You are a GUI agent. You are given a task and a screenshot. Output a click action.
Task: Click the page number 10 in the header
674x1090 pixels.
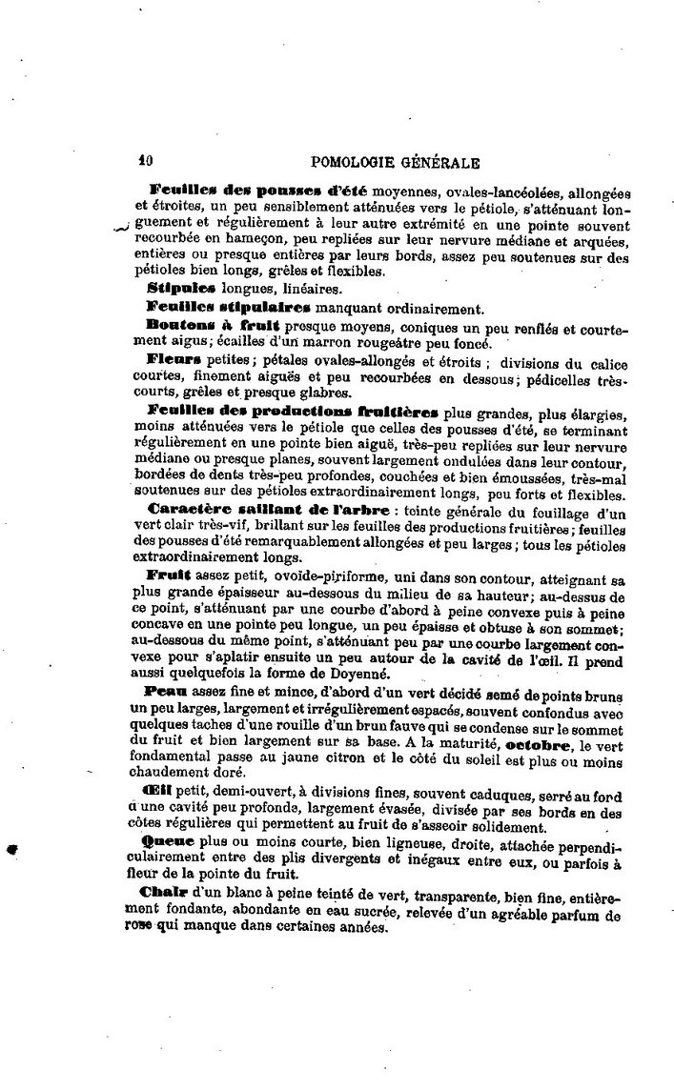click(x=145, y=162)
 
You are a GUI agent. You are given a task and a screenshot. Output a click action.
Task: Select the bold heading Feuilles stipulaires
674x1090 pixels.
click(x=229, y=307)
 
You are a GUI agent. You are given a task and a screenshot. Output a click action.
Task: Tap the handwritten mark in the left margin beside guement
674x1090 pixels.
click(x=119, y=228)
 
